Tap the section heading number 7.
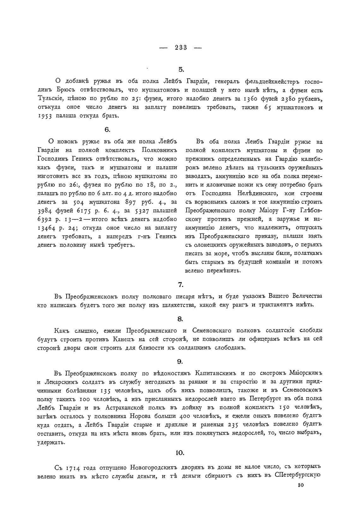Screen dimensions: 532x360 (181, 285)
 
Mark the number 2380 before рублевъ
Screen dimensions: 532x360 (287, 99)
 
